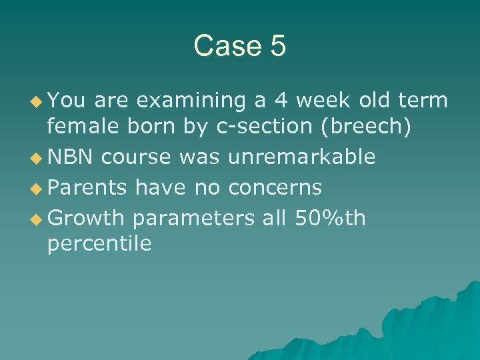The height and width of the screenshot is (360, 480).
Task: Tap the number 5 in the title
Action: pos(277,46)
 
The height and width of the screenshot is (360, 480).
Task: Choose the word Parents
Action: pos(87,188)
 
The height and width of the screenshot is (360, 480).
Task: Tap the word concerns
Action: pos(275,188)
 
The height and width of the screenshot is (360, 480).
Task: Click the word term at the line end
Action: pos(423,101)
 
